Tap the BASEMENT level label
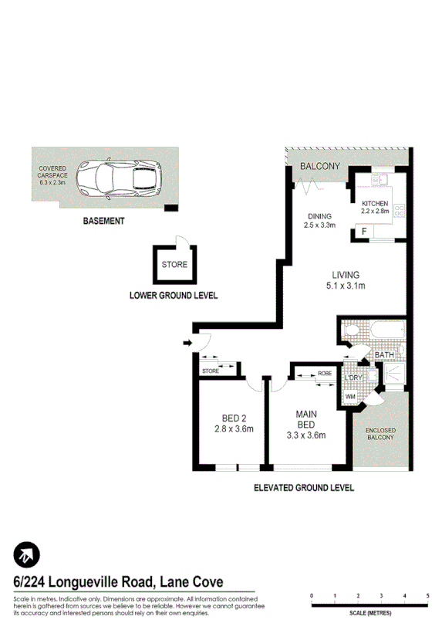(104, 221)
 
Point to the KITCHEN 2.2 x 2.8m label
(377, 206)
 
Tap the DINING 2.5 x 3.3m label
(319, 221)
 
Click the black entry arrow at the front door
(187, 342)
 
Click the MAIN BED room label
(306, 425)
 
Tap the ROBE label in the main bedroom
(325, 373)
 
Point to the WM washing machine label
(350, 397)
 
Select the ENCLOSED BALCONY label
(380, 433)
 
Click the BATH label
(383, 355)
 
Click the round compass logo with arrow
(27, 554)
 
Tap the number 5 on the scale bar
(427, 596)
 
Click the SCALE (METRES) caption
(370, 612)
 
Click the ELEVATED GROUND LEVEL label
(304, 488)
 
